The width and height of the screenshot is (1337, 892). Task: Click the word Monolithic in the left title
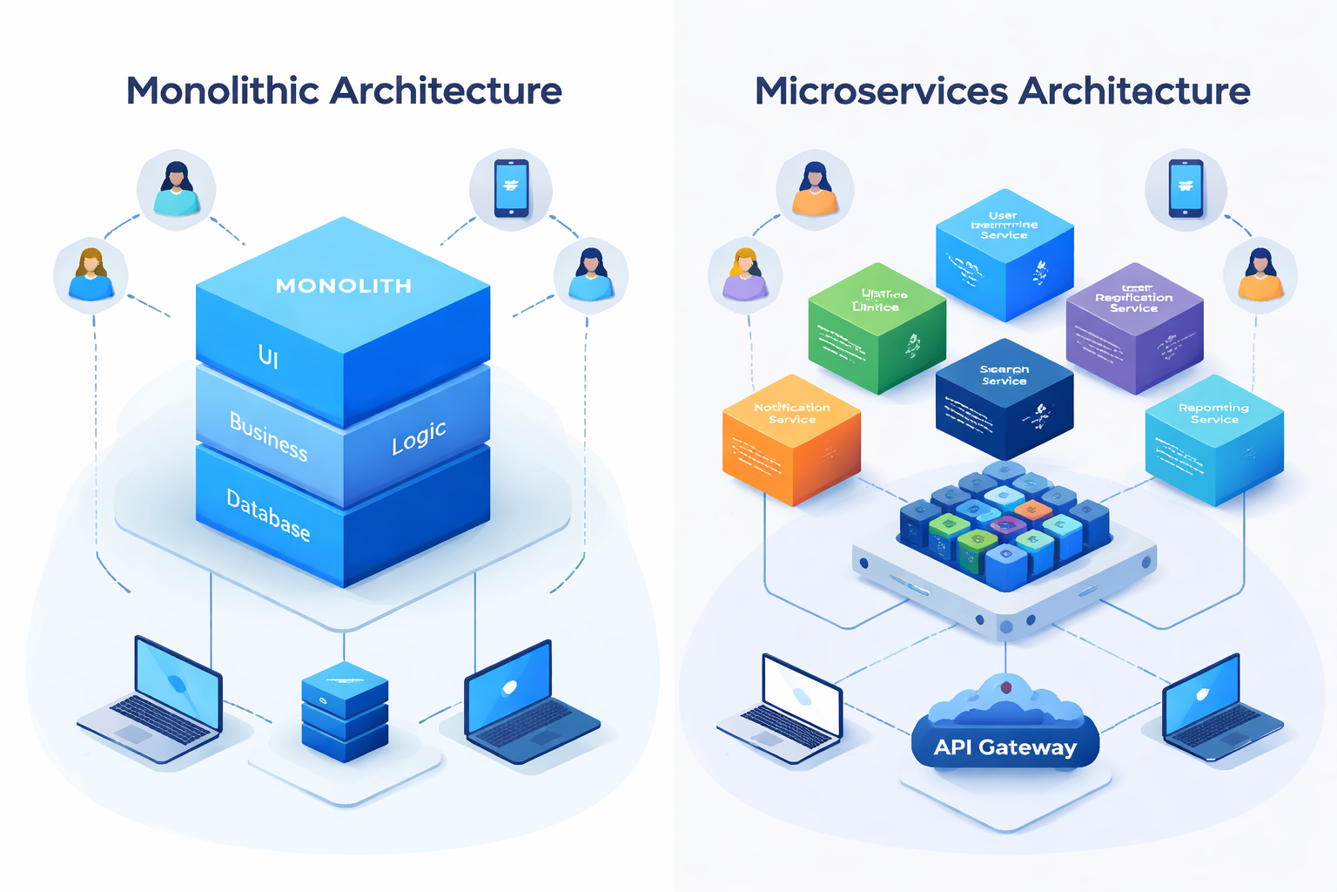tap(223, 91)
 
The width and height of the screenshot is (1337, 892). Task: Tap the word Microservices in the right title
tap(880, 91)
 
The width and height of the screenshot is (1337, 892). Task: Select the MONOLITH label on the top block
tap(343, 286)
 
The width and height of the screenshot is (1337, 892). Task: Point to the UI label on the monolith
tap(268, 355)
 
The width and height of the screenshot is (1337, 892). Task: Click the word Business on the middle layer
tap(268, 436)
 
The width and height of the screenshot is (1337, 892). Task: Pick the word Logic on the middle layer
tap(419, 437)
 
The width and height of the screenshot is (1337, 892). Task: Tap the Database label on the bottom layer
tap(268, 515)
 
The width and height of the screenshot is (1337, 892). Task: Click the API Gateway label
tap(1005, 747)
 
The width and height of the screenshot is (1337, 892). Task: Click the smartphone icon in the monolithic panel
tap(511, 187)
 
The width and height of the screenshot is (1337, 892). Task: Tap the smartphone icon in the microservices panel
tap(1186, 187)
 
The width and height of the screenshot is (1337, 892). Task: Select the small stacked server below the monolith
tap(345, 711)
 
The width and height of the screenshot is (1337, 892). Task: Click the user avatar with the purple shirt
tap(745, 274)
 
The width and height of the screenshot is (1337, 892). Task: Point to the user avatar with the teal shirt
tap(177, 189)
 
